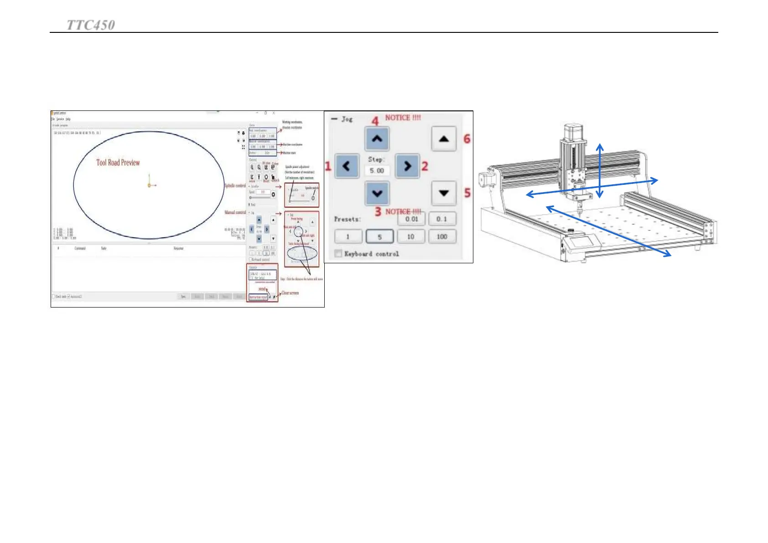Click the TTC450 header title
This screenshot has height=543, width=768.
coord(91,25)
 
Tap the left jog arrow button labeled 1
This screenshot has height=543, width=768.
coord(347,166)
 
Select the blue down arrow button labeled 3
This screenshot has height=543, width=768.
coord(377,193)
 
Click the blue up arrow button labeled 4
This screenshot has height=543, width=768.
coord(377,139)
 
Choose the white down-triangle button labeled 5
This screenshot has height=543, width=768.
coord(444,193)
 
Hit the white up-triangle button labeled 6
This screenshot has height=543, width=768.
coord(444,139)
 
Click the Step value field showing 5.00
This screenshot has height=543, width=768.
coord(377,171)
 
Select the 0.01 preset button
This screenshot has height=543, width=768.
coord(411,219)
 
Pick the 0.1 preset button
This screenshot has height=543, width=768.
coord(441,219)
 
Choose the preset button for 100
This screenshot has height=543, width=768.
coord(441,236)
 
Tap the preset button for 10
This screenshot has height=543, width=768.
coord(411,236)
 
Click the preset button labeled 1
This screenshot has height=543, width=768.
coord(348,236)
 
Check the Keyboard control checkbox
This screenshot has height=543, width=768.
coord(338,254)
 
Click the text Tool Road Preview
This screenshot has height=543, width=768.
coord(118,162)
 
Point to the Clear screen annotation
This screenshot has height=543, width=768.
coord(290,293)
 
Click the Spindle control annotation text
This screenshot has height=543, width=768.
coord(235,186)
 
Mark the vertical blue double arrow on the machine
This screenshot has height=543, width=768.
coord(600,170)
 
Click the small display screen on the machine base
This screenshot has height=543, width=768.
coord(582,240)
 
